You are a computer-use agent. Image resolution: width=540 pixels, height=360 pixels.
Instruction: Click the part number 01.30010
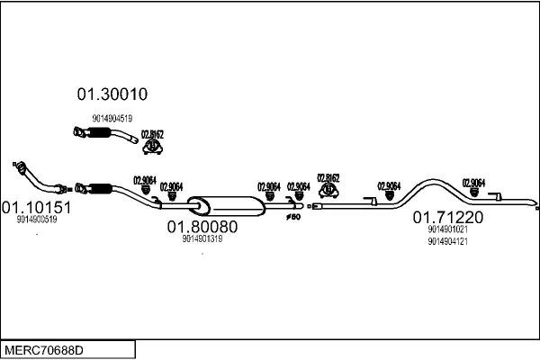(112, 94)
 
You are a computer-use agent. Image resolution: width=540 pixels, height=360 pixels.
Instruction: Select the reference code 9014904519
(112, 118)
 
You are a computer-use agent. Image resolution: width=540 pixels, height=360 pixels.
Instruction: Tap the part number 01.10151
(36, 207)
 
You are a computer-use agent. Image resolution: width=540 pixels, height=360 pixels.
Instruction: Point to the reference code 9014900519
(37, 219)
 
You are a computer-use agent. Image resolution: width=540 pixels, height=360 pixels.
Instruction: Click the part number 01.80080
(202, 227)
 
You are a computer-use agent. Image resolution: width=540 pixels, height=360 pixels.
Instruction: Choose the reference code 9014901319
(202, 238)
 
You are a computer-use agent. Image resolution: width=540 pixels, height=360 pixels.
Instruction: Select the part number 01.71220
(448, 217)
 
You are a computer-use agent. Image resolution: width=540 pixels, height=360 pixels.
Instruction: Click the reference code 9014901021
(448, 229)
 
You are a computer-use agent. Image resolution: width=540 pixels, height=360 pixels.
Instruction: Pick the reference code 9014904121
(448, 240)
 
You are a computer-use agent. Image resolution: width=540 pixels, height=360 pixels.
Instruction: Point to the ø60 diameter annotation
(292, 216)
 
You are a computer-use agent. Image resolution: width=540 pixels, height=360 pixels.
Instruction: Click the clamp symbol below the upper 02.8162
(154, 146)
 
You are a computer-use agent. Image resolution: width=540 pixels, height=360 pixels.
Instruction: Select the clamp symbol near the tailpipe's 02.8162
(328, 191)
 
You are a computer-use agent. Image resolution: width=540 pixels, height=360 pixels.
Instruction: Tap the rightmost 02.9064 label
(473, 182)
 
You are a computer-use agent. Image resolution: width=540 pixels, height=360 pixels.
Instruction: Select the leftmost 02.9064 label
(145, 178)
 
